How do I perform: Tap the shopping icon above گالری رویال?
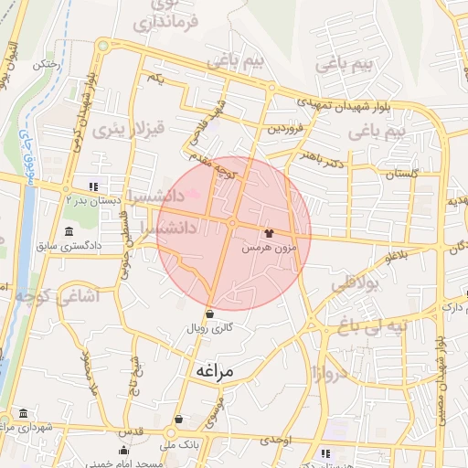[210, 314]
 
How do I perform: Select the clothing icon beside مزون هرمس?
[268, 233]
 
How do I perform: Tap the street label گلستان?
[401, 173]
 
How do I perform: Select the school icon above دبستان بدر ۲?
[91, 186]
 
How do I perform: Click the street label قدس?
[133, 431]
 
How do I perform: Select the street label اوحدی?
[275, 440]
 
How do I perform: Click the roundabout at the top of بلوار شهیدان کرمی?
[102, 45]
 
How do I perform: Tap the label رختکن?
[46, 65]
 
